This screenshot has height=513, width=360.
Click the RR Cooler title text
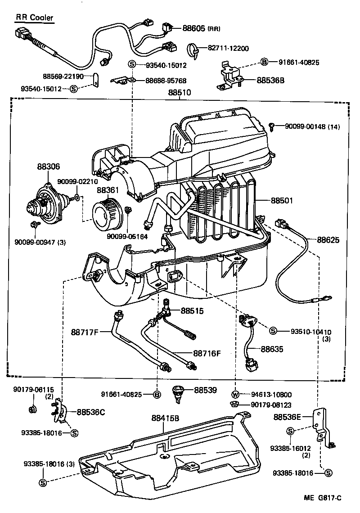(x=35, y=18)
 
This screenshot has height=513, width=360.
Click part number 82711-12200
(x=228, y=48)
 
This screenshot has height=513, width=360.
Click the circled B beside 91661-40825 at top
(x=265, y=63)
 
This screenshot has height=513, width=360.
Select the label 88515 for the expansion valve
(x=192, y=310)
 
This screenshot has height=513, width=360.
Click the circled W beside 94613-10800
(x=236, y=394)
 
